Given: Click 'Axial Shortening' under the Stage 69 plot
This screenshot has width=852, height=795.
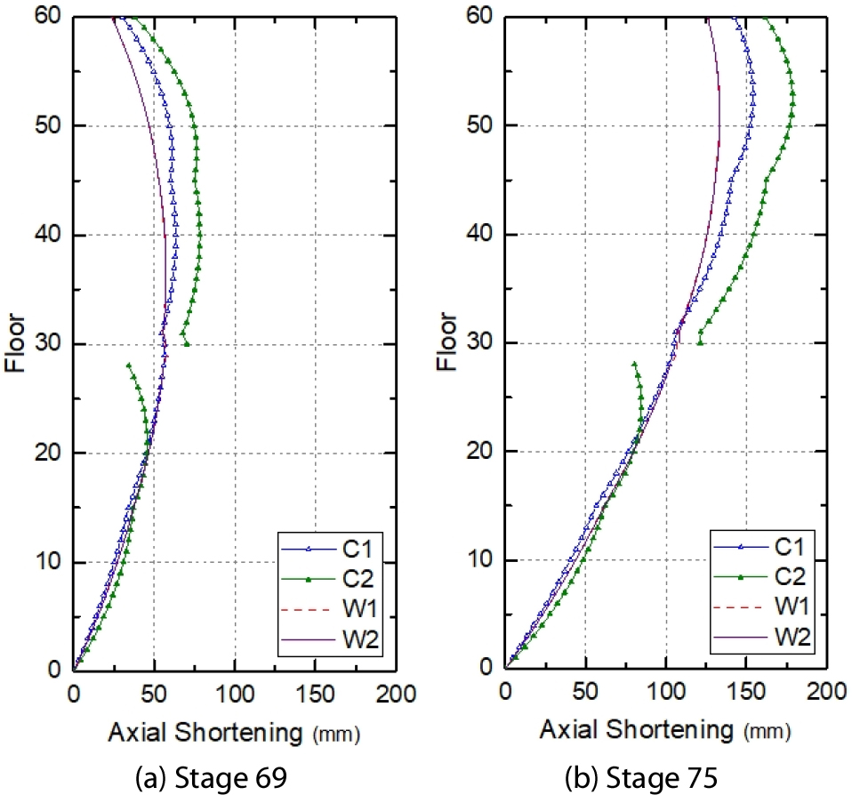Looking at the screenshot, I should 205,732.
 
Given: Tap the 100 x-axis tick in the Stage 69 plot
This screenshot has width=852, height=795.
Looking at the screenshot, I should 235,692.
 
